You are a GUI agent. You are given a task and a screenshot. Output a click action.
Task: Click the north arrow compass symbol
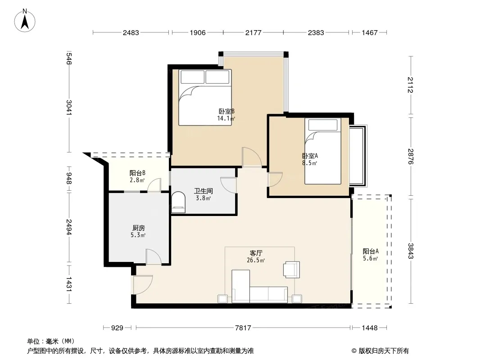(x=25, y=21)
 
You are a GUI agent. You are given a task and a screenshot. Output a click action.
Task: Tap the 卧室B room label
(x=226, y=111)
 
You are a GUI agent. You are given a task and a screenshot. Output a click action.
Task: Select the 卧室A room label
(x=310, y=156)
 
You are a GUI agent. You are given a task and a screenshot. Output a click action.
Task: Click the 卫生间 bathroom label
(x=203, y=191)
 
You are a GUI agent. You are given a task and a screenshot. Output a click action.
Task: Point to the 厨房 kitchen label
(x=138, y=228)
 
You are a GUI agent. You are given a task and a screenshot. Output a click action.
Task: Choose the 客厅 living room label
(x=256, y=253)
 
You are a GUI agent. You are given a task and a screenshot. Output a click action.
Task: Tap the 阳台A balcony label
(x=371, y=252)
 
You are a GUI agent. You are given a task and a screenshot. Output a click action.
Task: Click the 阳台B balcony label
(x=137, y=173)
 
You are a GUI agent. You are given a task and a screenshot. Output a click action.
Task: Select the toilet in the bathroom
(x=178, y=202)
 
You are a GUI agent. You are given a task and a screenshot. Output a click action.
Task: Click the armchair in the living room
(x=292, y=270)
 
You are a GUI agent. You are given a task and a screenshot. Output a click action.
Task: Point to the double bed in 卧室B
(x=205, y=97)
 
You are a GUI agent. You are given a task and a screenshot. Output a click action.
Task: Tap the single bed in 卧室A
(x=323, y=151)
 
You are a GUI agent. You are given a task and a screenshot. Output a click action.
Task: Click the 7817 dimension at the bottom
(x=243, y=328)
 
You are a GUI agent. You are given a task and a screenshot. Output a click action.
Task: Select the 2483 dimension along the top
(x=131, y=33)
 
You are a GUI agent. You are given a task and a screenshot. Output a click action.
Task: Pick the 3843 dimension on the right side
(x=411, y=251)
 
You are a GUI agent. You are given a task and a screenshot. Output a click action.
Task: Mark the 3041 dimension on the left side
(x=69, y=108)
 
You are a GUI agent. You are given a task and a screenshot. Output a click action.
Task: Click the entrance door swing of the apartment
(x=143, y=285)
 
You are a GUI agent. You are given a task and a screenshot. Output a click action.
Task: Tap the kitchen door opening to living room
(x=154, y=257)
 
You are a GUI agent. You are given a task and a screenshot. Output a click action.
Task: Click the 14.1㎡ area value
(x=226, y=118)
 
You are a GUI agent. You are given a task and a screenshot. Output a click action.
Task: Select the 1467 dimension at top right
(x=370, y=33)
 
